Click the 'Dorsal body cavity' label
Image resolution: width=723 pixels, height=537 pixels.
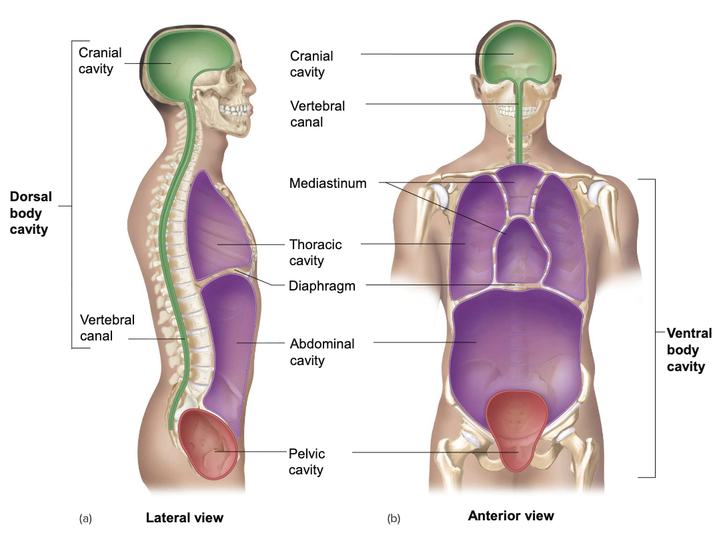pyautogui.click(x=30, y=213)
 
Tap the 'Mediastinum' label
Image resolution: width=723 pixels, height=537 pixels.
pyautogui.click(x=327, y=183)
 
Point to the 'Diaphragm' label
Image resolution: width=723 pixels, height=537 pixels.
pyautogui.click(x=321, y=286)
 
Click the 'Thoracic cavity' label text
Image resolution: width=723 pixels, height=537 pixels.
pyautogui.click(x=315, y=253)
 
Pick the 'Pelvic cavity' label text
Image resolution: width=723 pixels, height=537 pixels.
pyautogui.click(x=307, y=462)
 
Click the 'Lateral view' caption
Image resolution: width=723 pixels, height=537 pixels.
pyautogui.click(x=185, y=518)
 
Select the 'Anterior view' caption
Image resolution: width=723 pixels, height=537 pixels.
pyautogui.click(x=510, y=516)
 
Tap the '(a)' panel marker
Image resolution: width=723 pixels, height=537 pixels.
pyautogui.click(x=85, y=518)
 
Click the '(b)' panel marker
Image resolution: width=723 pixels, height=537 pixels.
pyautogui.click(x=394, y=518)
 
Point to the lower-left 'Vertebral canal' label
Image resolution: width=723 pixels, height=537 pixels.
pyautogui.click(x=107, y=328)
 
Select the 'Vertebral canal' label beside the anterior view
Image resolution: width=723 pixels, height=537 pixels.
pyautogui.click(x=317, y=114)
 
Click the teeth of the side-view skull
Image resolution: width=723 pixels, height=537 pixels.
pyautogui.click(x=236, y=110)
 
